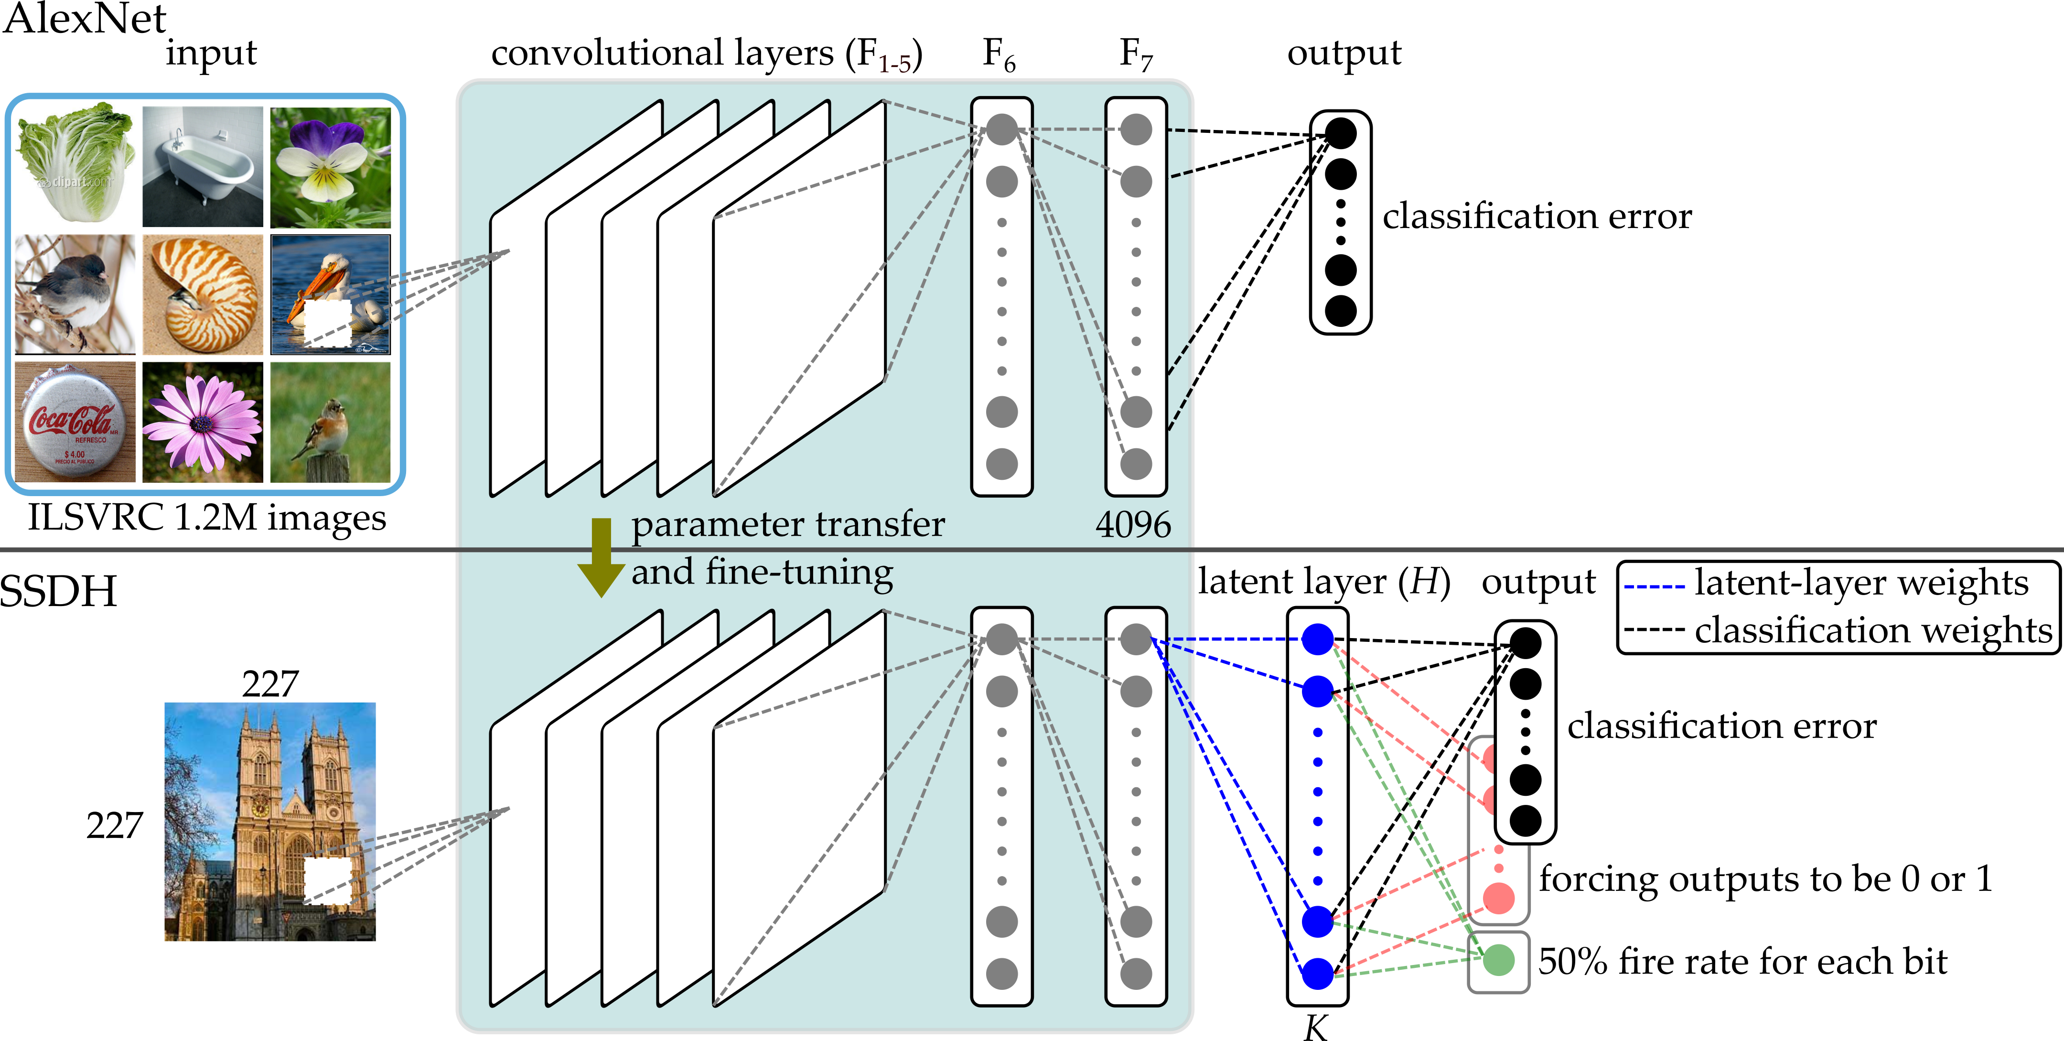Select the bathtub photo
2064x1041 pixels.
(x=203, y=166)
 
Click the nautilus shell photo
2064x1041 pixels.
(x=203, y=294)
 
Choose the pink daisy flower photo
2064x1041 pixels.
(x=202, y=423)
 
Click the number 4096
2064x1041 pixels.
(x=1132, y=525)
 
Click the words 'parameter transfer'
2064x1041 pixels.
(x=788, y=525)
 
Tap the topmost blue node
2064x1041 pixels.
(x=1317, y=639)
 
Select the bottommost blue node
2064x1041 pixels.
(x=1317, y=974)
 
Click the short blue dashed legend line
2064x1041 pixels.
(x=1654, y=586)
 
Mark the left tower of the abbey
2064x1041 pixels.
(x=259, y=770)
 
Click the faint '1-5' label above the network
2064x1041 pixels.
(x=894, y=64)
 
